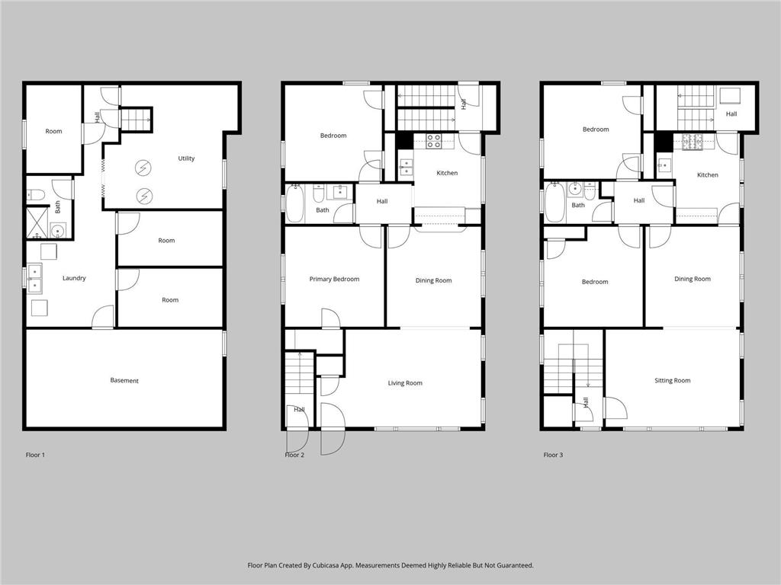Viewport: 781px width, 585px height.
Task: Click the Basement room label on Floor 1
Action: click(124, 380)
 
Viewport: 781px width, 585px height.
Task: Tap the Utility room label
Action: click(186, 158)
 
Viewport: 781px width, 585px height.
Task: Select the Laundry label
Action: click(74, 278)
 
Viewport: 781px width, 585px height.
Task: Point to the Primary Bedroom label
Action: click(334, 279)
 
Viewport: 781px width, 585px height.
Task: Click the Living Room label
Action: click(404, 383)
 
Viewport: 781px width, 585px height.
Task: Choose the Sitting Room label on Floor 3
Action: click(672, 380)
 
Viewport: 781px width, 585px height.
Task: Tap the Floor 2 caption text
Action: click(294, 455)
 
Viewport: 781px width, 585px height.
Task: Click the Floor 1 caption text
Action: click(35, 455)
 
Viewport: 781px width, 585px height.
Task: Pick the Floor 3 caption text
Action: click(553, 455)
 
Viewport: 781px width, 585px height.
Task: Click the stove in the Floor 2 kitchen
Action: click(433, 141)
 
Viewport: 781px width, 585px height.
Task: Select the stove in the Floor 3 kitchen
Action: click(693, 140)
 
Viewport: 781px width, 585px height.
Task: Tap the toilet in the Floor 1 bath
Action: click(35, 194)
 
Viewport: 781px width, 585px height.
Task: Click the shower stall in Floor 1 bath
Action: click(37, 222)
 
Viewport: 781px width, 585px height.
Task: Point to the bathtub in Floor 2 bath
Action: click(294, 204)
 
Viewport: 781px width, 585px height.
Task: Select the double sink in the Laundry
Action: click(34, 278)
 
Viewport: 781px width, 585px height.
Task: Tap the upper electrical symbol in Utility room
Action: click(143, 168)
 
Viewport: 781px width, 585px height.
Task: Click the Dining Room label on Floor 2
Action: click(433, 280)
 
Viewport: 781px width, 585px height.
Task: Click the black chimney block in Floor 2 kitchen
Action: click(404, 141)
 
